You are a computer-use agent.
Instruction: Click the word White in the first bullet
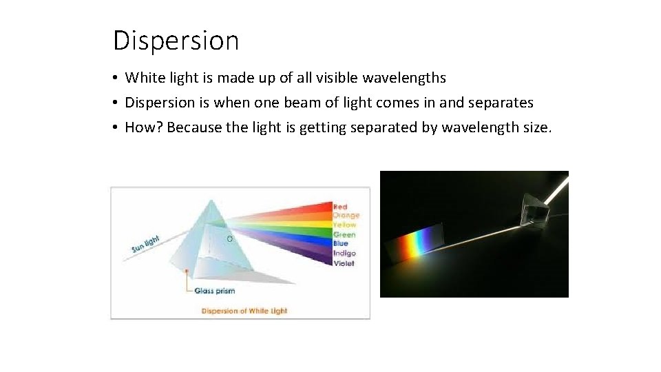[x=145, y=78]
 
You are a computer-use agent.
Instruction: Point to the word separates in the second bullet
[x=501, y=103]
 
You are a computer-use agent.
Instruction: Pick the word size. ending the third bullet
[x=533, y=127]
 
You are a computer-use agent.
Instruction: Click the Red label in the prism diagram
[x=340, y=207]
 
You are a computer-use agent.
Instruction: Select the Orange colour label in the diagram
[x=346, y=216]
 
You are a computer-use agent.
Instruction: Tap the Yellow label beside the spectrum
[x=344, y=225]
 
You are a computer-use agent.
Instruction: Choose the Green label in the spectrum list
[x=344, y=235]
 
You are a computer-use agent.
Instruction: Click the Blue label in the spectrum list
[x=341, y=243]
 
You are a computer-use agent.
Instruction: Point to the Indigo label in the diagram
[x=344, y=254]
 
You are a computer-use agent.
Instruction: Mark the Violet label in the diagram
[x=344, y=263]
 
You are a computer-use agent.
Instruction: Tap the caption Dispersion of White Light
[x=244, y=311]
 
